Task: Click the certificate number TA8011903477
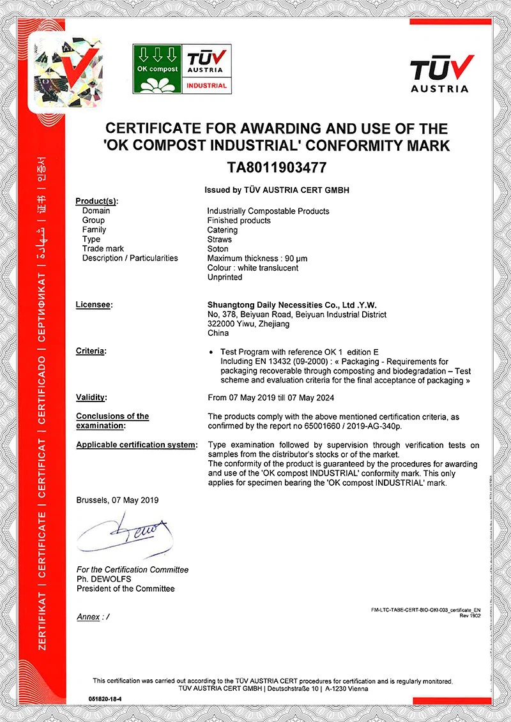(277, 168)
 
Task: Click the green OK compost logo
(156, 68)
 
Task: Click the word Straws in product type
(220, 239)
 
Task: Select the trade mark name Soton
(218, 249)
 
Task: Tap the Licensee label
(93, 305)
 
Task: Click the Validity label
(91, 397)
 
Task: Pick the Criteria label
(91, 351)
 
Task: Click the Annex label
(89, 617)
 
